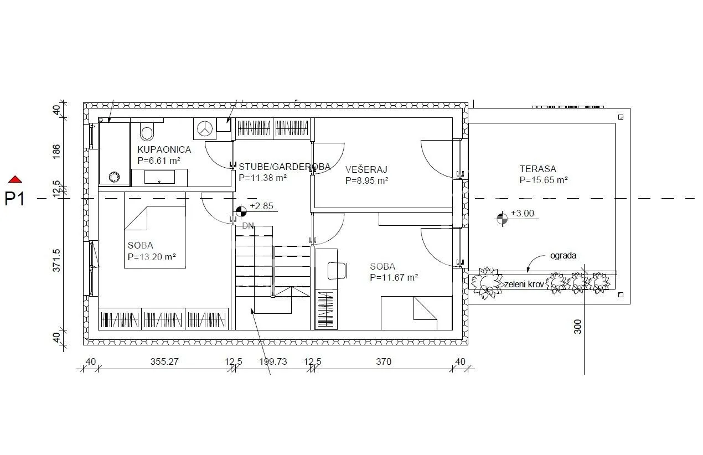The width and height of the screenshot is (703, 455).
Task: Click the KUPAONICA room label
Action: (x=164, y=149)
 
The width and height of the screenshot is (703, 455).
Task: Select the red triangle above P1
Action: (x=15, y=179)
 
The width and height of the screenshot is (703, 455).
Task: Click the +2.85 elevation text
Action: (x=261, y=206)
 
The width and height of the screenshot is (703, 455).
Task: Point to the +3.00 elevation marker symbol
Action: (x=502, y=219)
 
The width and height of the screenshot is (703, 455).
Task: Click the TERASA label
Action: (x=538, y=169)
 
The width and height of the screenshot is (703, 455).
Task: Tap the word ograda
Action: (x=564, y=256)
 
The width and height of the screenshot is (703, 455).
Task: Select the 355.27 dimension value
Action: (x=164, y=361)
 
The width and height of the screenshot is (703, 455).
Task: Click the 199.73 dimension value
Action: (x=273, y=361)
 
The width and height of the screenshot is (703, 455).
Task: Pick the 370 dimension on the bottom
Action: (x=384, y=361)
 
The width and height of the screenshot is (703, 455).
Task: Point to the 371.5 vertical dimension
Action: (x=56, y=261)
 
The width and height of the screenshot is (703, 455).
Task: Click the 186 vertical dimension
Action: (x=56, y=152)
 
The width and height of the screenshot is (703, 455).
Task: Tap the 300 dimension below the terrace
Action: (x=577, y=327)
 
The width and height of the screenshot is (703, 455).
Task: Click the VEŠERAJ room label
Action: (x=366, y=169)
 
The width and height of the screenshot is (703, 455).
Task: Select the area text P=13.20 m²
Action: (x=152, y=257)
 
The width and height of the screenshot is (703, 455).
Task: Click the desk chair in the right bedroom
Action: (x=337, y=271)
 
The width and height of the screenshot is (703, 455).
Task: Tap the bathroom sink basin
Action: (x=159, y=177)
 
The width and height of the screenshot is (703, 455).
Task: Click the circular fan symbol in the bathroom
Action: (x=205, y=128)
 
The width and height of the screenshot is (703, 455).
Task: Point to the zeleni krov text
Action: (x=524, y=285)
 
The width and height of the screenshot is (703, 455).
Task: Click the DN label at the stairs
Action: (x=248, y=226)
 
